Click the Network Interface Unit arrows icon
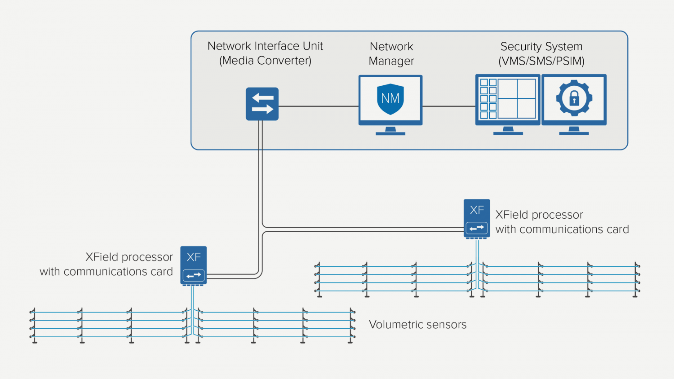click(x=262, y=104)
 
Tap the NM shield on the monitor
click(x=390, y=98)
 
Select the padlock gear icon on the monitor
click(x=574, y=98)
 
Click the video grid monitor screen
click(x=508, y=99)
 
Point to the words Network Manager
click(x=391, y=53)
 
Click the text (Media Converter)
click(x=265, y=61)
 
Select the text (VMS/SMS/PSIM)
click(x=541, y=61)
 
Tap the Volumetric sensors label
click(x=417, y=325)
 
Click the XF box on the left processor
click(x=194, y=257)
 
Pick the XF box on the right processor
click(x=477, y=210)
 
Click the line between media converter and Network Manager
click(x=318, y=106)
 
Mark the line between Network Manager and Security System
click(x=448, y=106)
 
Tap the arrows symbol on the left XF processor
click(x=194, y=275)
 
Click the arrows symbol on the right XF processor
click(x=477, y=228)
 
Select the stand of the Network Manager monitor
click(x=390, y=131)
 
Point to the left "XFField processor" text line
click(x=129, y=257)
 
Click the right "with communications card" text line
click(x=562, y=229)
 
